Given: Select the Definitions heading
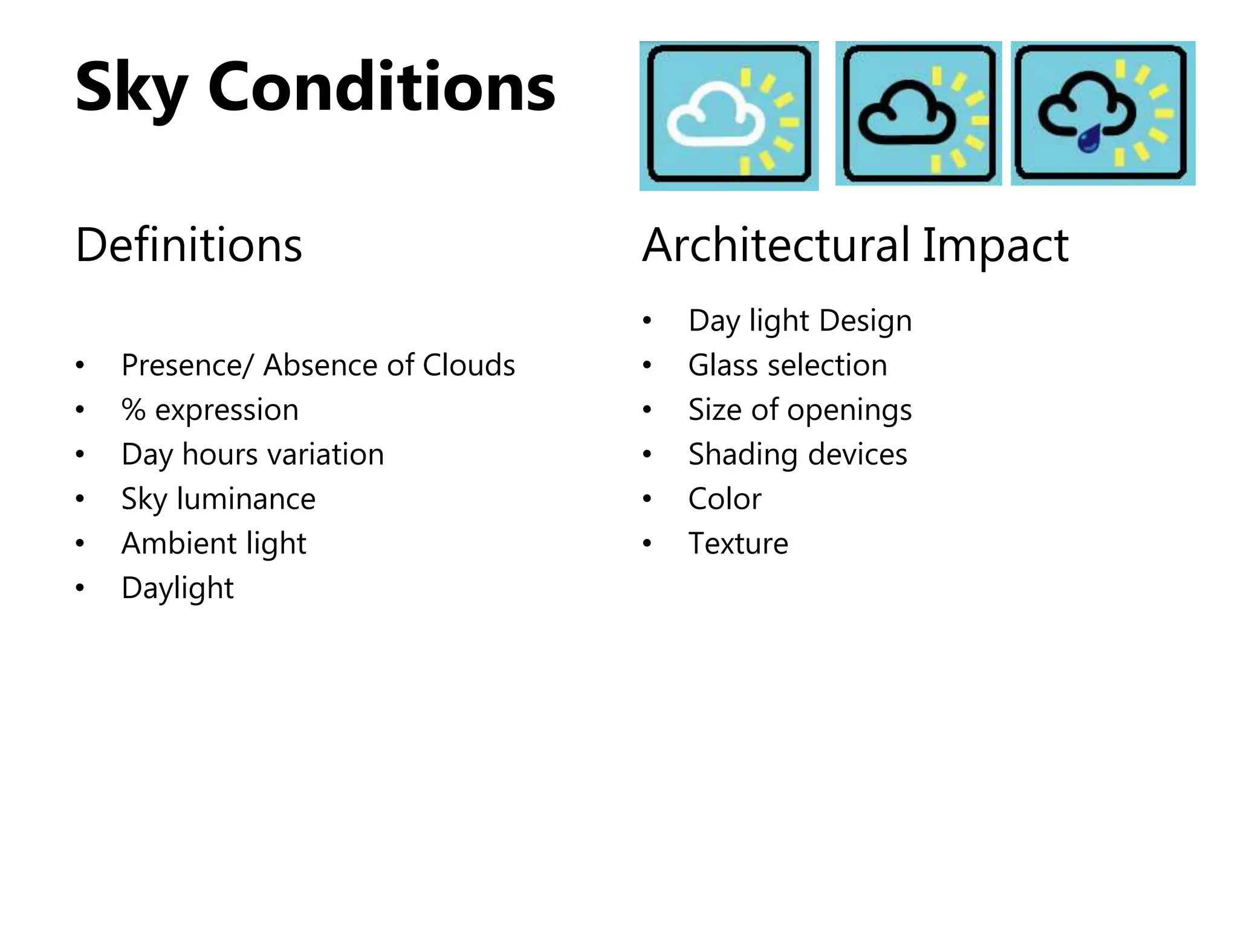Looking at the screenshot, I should [189, 245].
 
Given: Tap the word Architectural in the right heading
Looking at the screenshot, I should [776, 245].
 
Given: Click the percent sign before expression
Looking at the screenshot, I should [134, 410].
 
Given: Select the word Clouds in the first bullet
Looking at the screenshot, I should [468, 365].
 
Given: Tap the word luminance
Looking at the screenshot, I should [246, 499].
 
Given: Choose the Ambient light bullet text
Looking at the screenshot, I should [214, 544].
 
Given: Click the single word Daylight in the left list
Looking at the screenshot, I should [177, 588].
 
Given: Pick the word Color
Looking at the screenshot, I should [725, 499].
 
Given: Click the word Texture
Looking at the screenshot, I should [738, 544].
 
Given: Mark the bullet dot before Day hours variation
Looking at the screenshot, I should [80, 454].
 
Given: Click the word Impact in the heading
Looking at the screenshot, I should [996, 245].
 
